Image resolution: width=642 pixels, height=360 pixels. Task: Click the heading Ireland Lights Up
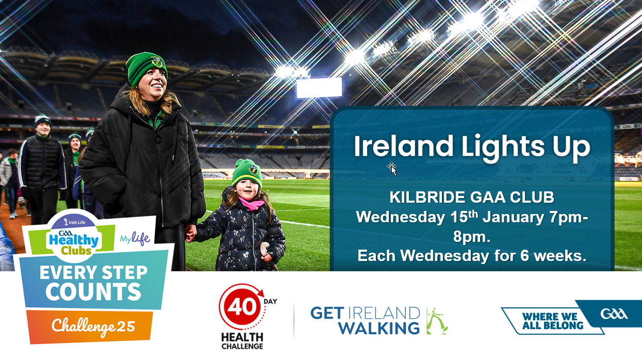click(472, 147)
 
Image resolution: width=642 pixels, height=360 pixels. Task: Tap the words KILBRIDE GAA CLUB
click(472, 197)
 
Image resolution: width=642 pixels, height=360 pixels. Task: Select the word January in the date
click(513, 217)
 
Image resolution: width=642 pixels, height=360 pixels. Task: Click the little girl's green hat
click(247, 173)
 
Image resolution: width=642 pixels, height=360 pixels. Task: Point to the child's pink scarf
click(251, 204)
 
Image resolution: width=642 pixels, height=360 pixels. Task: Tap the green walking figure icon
click(436, 321)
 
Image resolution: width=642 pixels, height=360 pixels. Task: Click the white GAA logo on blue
click(614, 314)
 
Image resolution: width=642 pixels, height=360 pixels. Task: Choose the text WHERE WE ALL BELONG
click(553, 321)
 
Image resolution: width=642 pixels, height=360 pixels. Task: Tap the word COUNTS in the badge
click(93, 291)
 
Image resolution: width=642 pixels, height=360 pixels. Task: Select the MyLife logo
click(135, 238)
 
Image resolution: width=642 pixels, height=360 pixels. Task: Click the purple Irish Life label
click(75, 222)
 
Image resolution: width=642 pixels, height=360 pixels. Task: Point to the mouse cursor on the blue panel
click(392, 168)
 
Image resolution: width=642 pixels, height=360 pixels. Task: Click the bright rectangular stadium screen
click(319, 88)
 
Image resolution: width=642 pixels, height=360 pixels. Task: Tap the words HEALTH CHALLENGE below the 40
click(242, 341)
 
